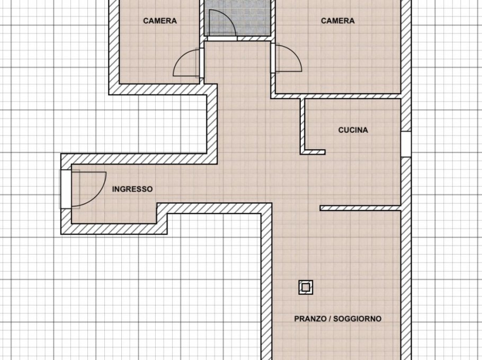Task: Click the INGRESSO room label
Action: [132, 189]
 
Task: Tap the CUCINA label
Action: [353, 130]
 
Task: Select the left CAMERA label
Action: [160, 21]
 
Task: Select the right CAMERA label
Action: [337, 21]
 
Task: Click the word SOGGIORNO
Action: [357, 319]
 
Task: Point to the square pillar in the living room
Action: [306, 287]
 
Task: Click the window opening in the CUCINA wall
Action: [406, 145]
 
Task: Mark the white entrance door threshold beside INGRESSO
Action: [66, 189]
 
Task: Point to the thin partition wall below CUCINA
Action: [360, 208]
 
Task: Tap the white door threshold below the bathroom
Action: [222, 39]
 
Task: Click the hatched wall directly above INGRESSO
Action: [139, 159]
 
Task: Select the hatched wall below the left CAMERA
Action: [163, 89]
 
